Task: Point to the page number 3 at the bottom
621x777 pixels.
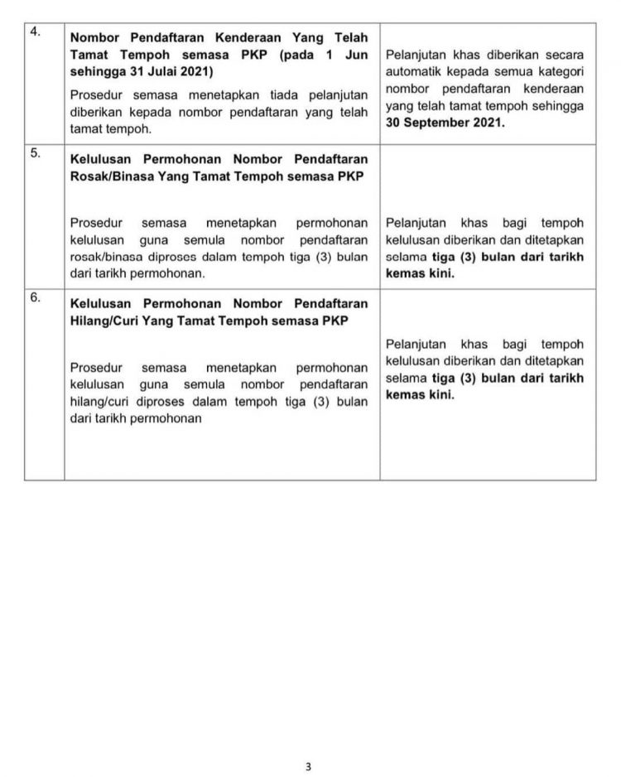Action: pyautogui.click(x=309, y=767)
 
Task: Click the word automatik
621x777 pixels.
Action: pyautogui.click(x=416, y=71)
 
